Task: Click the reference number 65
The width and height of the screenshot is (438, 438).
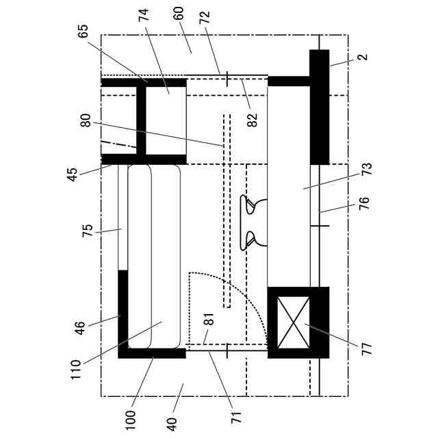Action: click(83, 31)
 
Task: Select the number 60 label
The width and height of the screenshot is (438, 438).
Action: click(179, 13)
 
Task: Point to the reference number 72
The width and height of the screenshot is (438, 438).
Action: click(205, 17)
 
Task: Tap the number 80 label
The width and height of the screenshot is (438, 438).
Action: click(86, 120)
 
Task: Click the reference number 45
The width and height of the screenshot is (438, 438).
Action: click(73, 175)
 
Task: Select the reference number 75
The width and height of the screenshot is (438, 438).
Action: click(88, 231)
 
